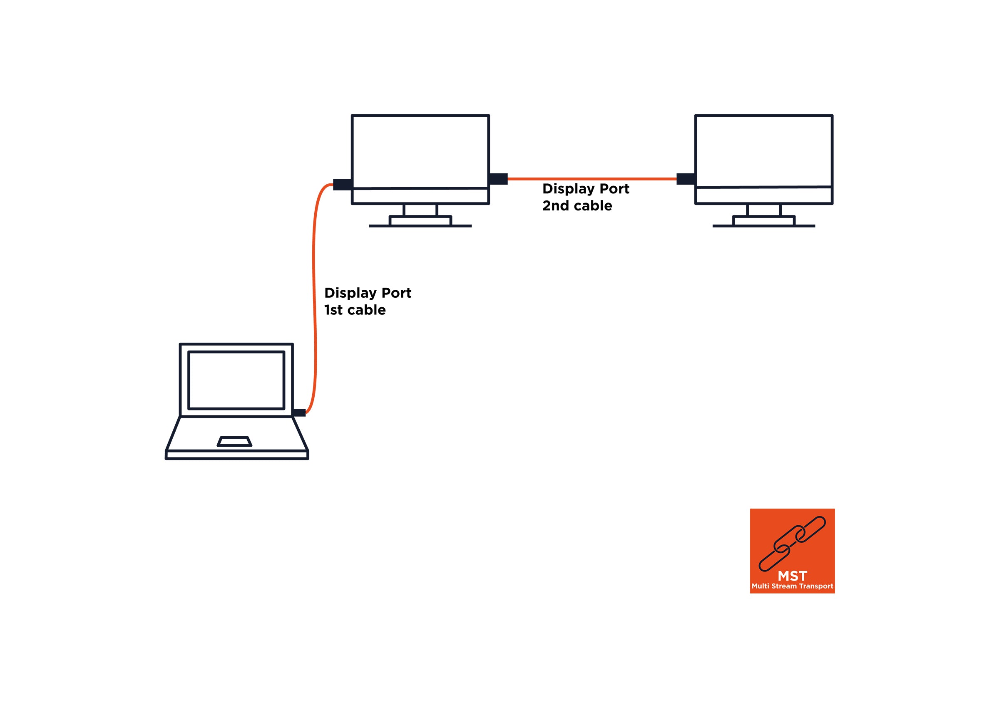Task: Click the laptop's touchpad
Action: (x=234, y=441)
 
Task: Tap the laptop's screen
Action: (x=236, y=380)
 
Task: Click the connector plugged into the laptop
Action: (x=299, y=412)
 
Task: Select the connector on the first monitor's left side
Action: (x=343, y=184)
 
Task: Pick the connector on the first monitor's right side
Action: (x=498, y=178)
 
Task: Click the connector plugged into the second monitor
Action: (x=686, y=178)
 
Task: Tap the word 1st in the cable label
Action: (x=333, y=310)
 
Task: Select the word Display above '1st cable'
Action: (x=350, y=293)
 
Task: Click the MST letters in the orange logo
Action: (x=792, y=576)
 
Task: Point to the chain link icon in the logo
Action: (x=792, y=543)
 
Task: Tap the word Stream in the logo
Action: (x=784, y=586)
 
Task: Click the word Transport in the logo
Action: (x=815, y=586)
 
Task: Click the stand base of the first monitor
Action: (x=420, y=221)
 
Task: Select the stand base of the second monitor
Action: (x=763, y=221)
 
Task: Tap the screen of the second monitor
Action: (x=763, y=151)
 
